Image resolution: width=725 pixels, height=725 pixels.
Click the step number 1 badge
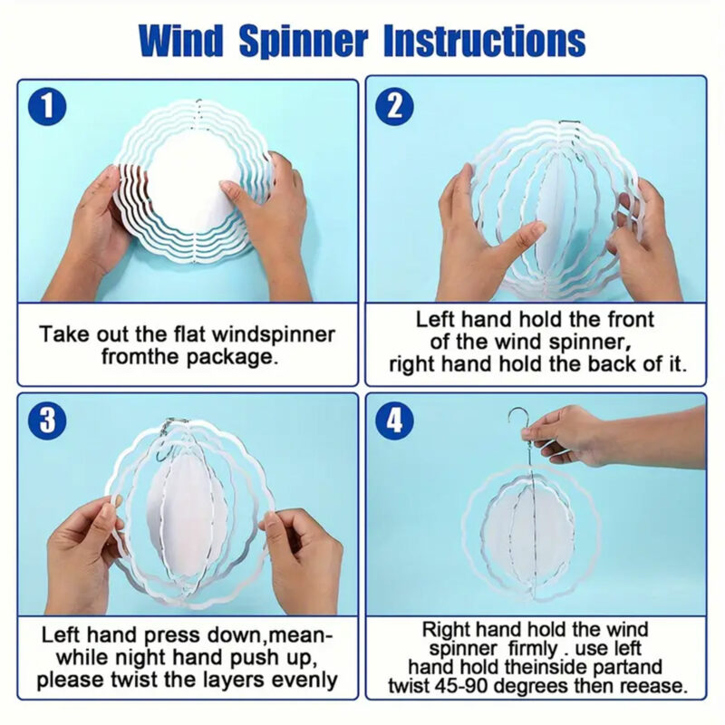[47, 107]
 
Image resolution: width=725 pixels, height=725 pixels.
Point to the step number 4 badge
[395, 420]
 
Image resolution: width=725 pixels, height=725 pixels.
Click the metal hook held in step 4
[520, 426]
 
